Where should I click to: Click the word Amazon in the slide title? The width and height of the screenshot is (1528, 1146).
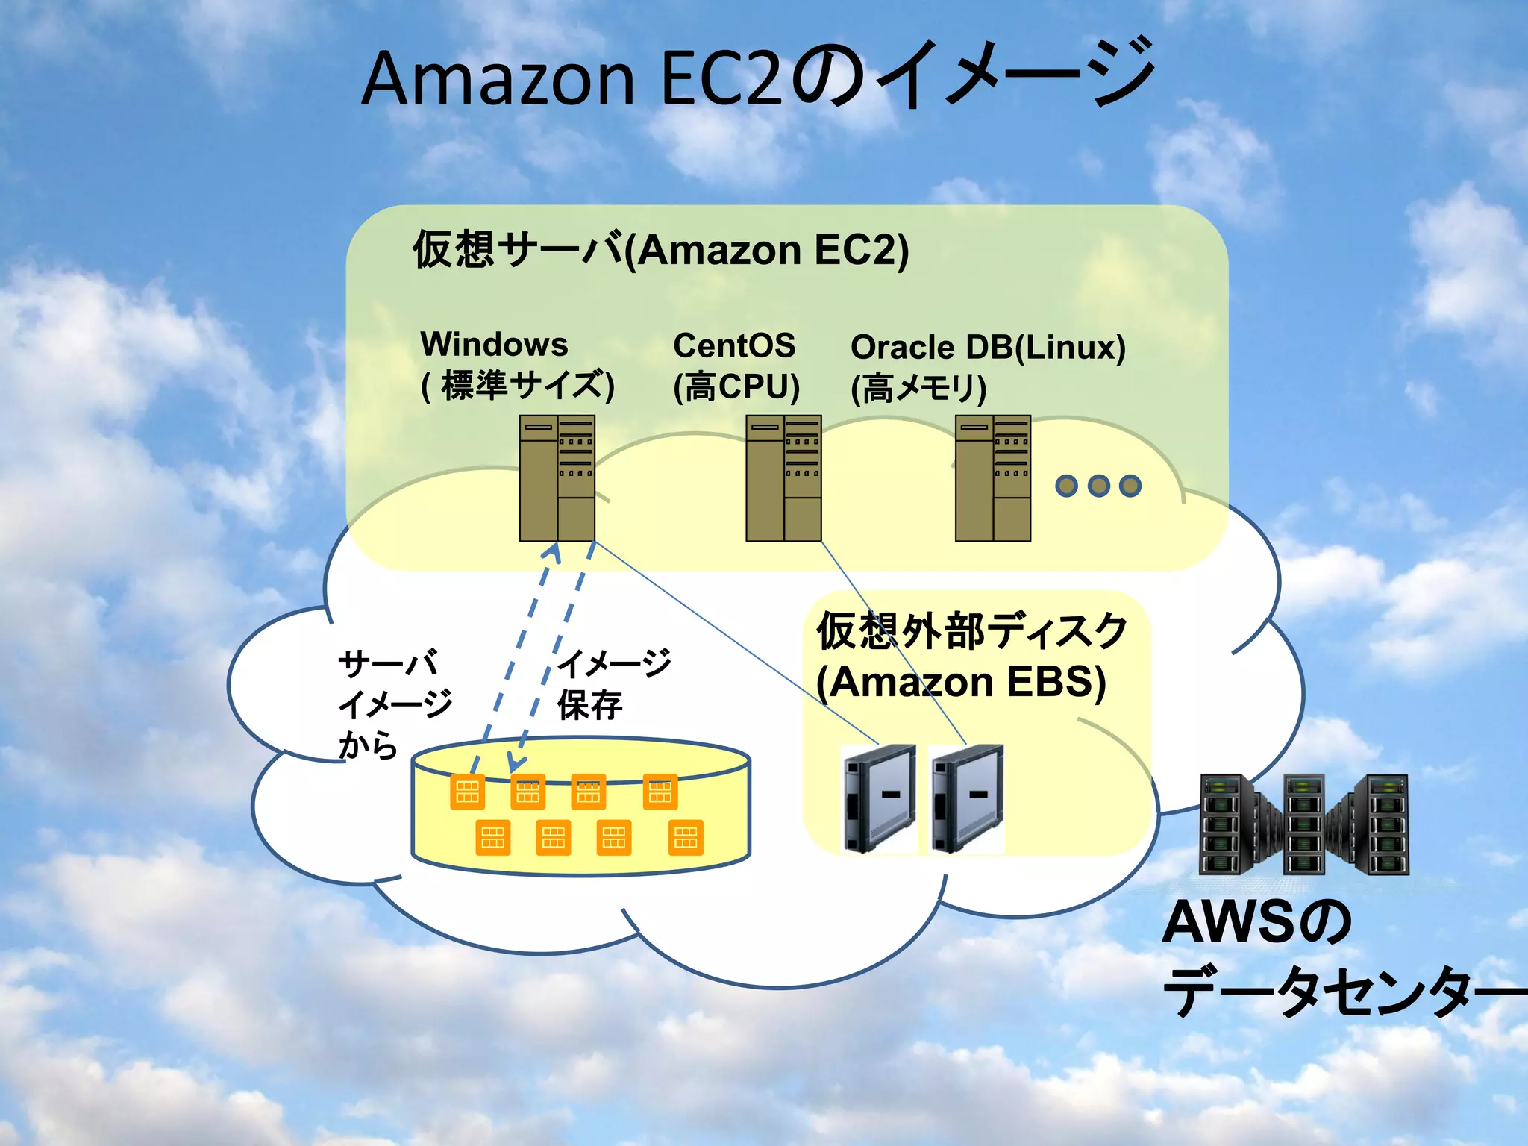coord(498,81)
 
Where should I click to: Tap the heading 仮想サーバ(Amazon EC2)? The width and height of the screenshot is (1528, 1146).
coord(660,250)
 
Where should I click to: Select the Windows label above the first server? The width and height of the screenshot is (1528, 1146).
coord(494,345)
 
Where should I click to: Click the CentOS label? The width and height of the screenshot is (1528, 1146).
coord(734,345)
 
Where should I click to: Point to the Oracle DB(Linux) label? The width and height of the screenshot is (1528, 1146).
coord(987,348)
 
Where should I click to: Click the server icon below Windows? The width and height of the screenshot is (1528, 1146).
coord(557,478)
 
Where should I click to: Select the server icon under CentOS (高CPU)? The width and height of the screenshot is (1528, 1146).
coord(783,478)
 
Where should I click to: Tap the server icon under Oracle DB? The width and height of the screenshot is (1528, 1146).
coord(993,478)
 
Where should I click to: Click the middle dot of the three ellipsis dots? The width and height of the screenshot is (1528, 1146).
coord(1098,486)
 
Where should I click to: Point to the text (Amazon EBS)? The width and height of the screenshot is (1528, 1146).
coord(961,682)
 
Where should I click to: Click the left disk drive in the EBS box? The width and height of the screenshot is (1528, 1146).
coord(879,798)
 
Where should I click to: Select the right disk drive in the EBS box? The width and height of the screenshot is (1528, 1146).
coord(967,798)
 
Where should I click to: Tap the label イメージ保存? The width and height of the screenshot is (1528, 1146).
coord(613,683)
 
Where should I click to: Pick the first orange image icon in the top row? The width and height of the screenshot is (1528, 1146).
coord(468,792)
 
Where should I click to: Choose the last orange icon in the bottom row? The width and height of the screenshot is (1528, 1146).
coord(686,837)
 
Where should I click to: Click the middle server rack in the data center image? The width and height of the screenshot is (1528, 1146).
coord(1303,824)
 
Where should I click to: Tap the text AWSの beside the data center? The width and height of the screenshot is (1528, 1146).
coord(1256,923)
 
